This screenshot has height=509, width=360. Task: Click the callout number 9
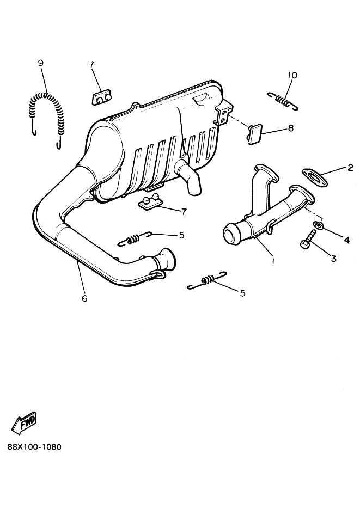(41, 63)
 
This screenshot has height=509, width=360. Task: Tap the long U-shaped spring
(46, 95)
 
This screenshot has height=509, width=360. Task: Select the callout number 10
(292, 75)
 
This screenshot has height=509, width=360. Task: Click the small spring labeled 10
(283, 100)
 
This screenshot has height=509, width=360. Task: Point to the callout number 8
(290, 128)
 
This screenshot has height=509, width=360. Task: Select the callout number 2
(350, 168)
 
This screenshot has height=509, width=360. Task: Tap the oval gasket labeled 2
(315, 176)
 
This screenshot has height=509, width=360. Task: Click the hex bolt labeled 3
(307, 240)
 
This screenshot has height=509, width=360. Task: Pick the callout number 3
(334, 259)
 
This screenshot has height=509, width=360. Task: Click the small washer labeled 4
(318, 225)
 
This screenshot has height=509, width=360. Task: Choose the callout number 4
(347, 240)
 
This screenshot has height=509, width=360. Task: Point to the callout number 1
(273, 260)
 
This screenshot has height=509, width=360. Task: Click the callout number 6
(85, 298)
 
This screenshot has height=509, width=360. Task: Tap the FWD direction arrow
(24, 424)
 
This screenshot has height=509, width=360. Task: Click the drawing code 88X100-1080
(34, 447)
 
